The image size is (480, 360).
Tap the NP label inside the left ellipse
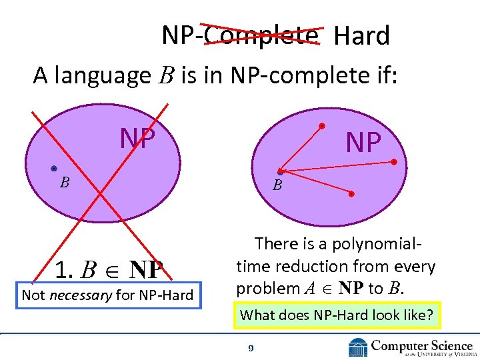137,137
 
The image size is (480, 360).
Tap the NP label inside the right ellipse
363,142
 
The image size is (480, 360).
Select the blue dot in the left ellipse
53,169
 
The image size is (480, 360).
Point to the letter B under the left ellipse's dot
65,182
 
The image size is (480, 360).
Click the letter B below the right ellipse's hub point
277,186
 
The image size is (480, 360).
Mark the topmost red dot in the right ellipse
322,125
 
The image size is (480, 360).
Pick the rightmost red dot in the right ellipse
394,162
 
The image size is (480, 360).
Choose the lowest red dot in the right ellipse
352,194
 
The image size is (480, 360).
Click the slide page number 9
250,348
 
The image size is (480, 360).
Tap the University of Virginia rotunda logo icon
358,347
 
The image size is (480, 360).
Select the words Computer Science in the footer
421,345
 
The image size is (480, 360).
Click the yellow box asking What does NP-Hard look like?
336,315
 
